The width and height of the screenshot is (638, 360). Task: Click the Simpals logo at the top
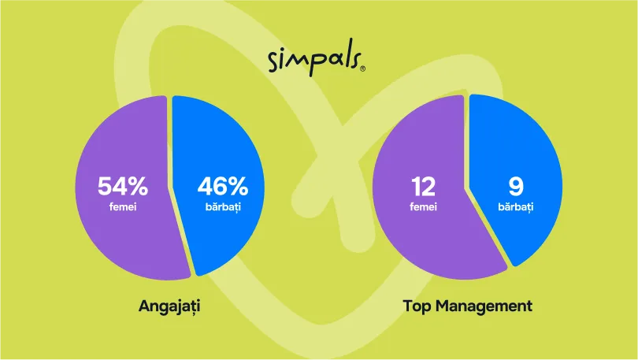tap(316, 60)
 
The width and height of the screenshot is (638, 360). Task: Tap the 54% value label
tap(122, 187)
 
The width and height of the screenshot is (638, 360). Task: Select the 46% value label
tap(222, 187)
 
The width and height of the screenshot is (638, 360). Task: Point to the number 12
tap(424, 187)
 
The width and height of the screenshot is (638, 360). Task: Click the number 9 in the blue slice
tap(516, 187)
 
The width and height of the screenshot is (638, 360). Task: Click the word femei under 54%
tap(122, 207)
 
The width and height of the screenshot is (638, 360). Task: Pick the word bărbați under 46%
tap(222, 207)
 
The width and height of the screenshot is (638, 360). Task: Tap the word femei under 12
tap(424, 207)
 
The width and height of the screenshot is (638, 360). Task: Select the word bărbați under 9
tap(516, 207)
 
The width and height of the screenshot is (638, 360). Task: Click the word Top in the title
tap(417, 305)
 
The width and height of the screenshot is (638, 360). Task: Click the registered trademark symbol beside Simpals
tap(362, 69)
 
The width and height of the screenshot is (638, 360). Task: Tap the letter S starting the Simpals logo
tap(274, 61)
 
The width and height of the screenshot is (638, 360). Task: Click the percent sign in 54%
tap(138, 187)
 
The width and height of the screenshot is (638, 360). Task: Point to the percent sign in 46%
tap(239, 187)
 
